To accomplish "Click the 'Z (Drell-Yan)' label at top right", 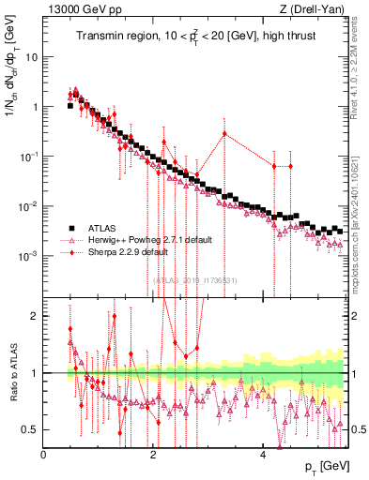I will (x=314, y=8).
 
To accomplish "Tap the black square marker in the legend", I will (x=71, y=228).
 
